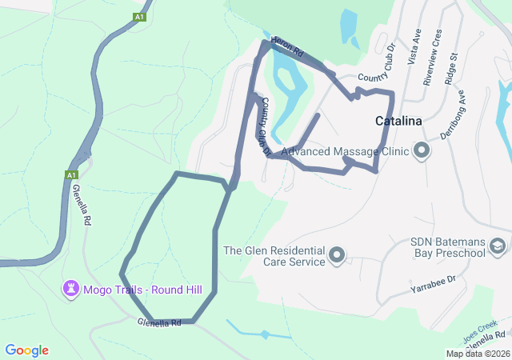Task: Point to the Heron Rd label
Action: coord(288,47)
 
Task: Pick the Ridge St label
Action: coord(452,69)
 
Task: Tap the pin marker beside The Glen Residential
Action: coord(337,256)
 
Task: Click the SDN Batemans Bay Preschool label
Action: coord(448,248)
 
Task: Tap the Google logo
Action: coord(26,350)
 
